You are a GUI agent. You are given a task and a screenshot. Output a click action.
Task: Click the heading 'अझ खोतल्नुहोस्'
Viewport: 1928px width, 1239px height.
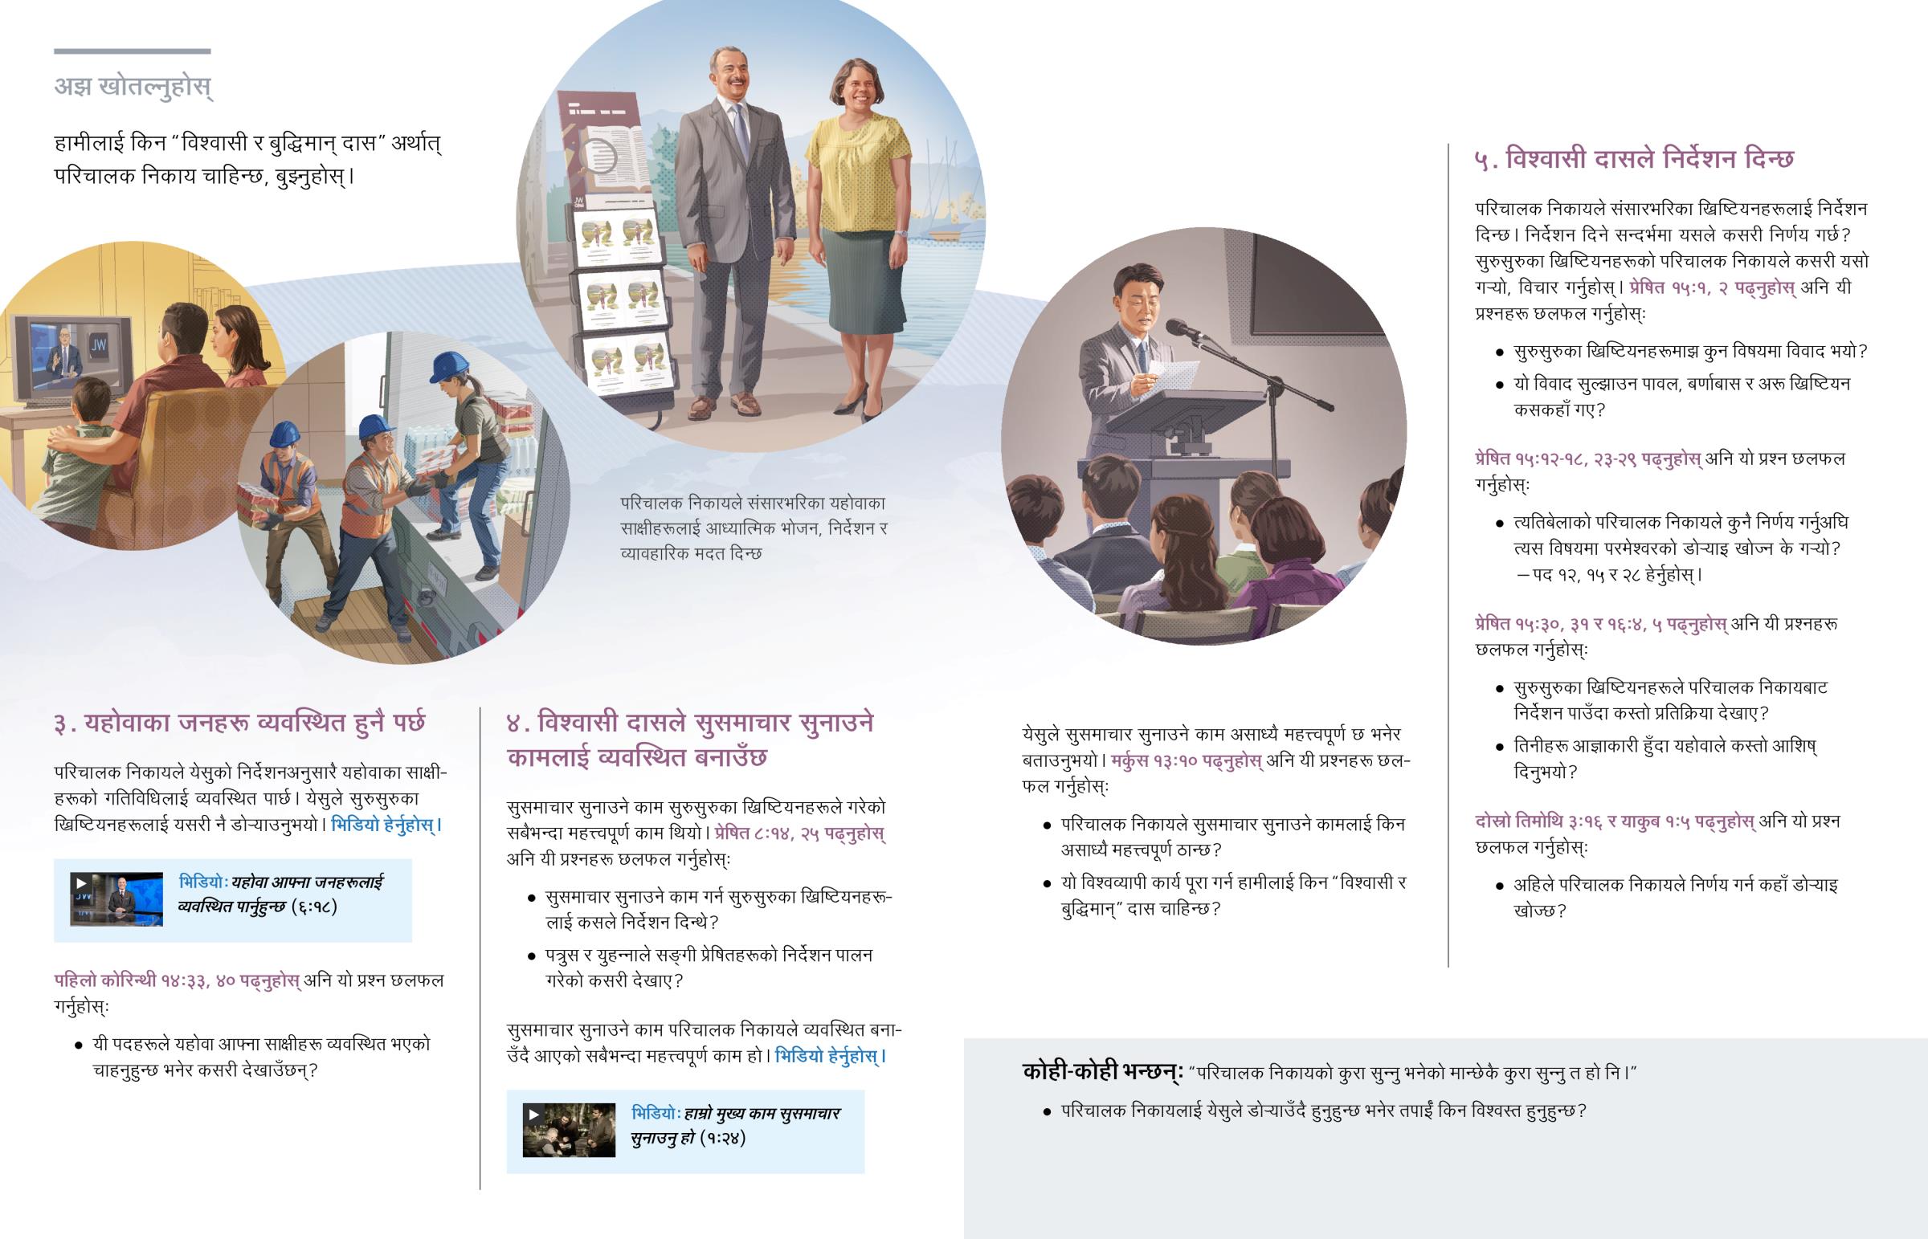pyautogui.click(x=133, y=86)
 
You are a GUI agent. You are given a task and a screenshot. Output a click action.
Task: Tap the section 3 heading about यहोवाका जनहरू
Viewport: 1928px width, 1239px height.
pyautogui.click(x=239, y=723)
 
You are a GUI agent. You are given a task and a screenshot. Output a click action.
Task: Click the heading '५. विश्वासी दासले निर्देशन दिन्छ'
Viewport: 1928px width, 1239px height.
pyautogui.click(x=1634, y=158)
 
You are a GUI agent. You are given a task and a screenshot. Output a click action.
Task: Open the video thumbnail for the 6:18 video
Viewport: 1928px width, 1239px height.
pyautogui.click(x=116, y=899)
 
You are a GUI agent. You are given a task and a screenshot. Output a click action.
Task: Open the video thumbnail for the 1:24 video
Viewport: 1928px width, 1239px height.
pyautogui.click(x=569, y=1131)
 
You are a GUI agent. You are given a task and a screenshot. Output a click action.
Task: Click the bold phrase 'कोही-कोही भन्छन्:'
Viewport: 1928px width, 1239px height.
pyautogui.click(x=1102, y=1073)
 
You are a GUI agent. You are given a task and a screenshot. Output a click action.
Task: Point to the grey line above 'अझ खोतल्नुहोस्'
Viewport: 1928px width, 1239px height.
pyautogui.click(x=133, y=51)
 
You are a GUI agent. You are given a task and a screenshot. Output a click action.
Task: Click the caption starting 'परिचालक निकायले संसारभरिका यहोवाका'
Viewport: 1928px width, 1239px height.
pyautogui.click(x=754, y=528)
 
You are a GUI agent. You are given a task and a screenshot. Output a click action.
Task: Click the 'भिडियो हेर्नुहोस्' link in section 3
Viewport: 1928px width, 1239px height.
pyautogui.click(x=386, y=825)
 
